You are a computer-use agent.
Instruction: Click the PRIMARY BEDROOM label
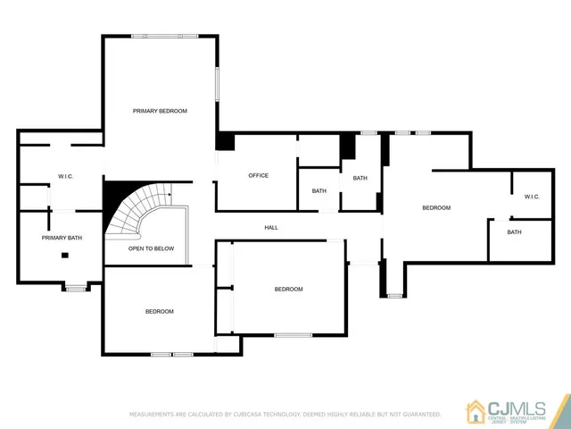160,111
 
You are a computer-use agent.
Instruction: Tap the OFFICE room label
258,175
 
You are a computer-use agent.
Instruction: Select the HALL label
271,227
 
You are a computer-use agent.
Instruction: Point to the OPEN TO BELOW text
151,248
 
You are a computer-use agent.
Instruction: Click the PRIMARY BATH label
62,238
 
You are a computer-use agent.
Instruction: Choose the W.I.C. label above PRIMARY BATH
65,176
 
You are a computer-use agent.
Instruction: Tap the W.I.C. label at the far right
532,196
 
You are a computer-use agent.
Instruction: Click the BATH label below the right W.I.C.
514,232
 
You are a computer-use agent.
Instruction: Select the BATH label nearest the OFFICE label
319,191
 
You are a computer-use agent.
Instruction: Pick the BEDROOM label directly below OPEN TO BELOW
159,311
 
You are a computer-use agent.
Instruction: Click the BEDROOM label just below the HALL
288,289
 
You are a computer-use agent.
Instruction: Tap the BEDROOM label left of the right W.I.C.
436,207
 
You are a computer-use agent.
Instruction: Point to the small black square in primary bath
65,256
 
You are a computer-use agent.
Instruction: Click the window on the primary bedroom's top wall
170,36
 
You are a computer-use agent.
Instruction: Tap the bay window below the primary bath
76,288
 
